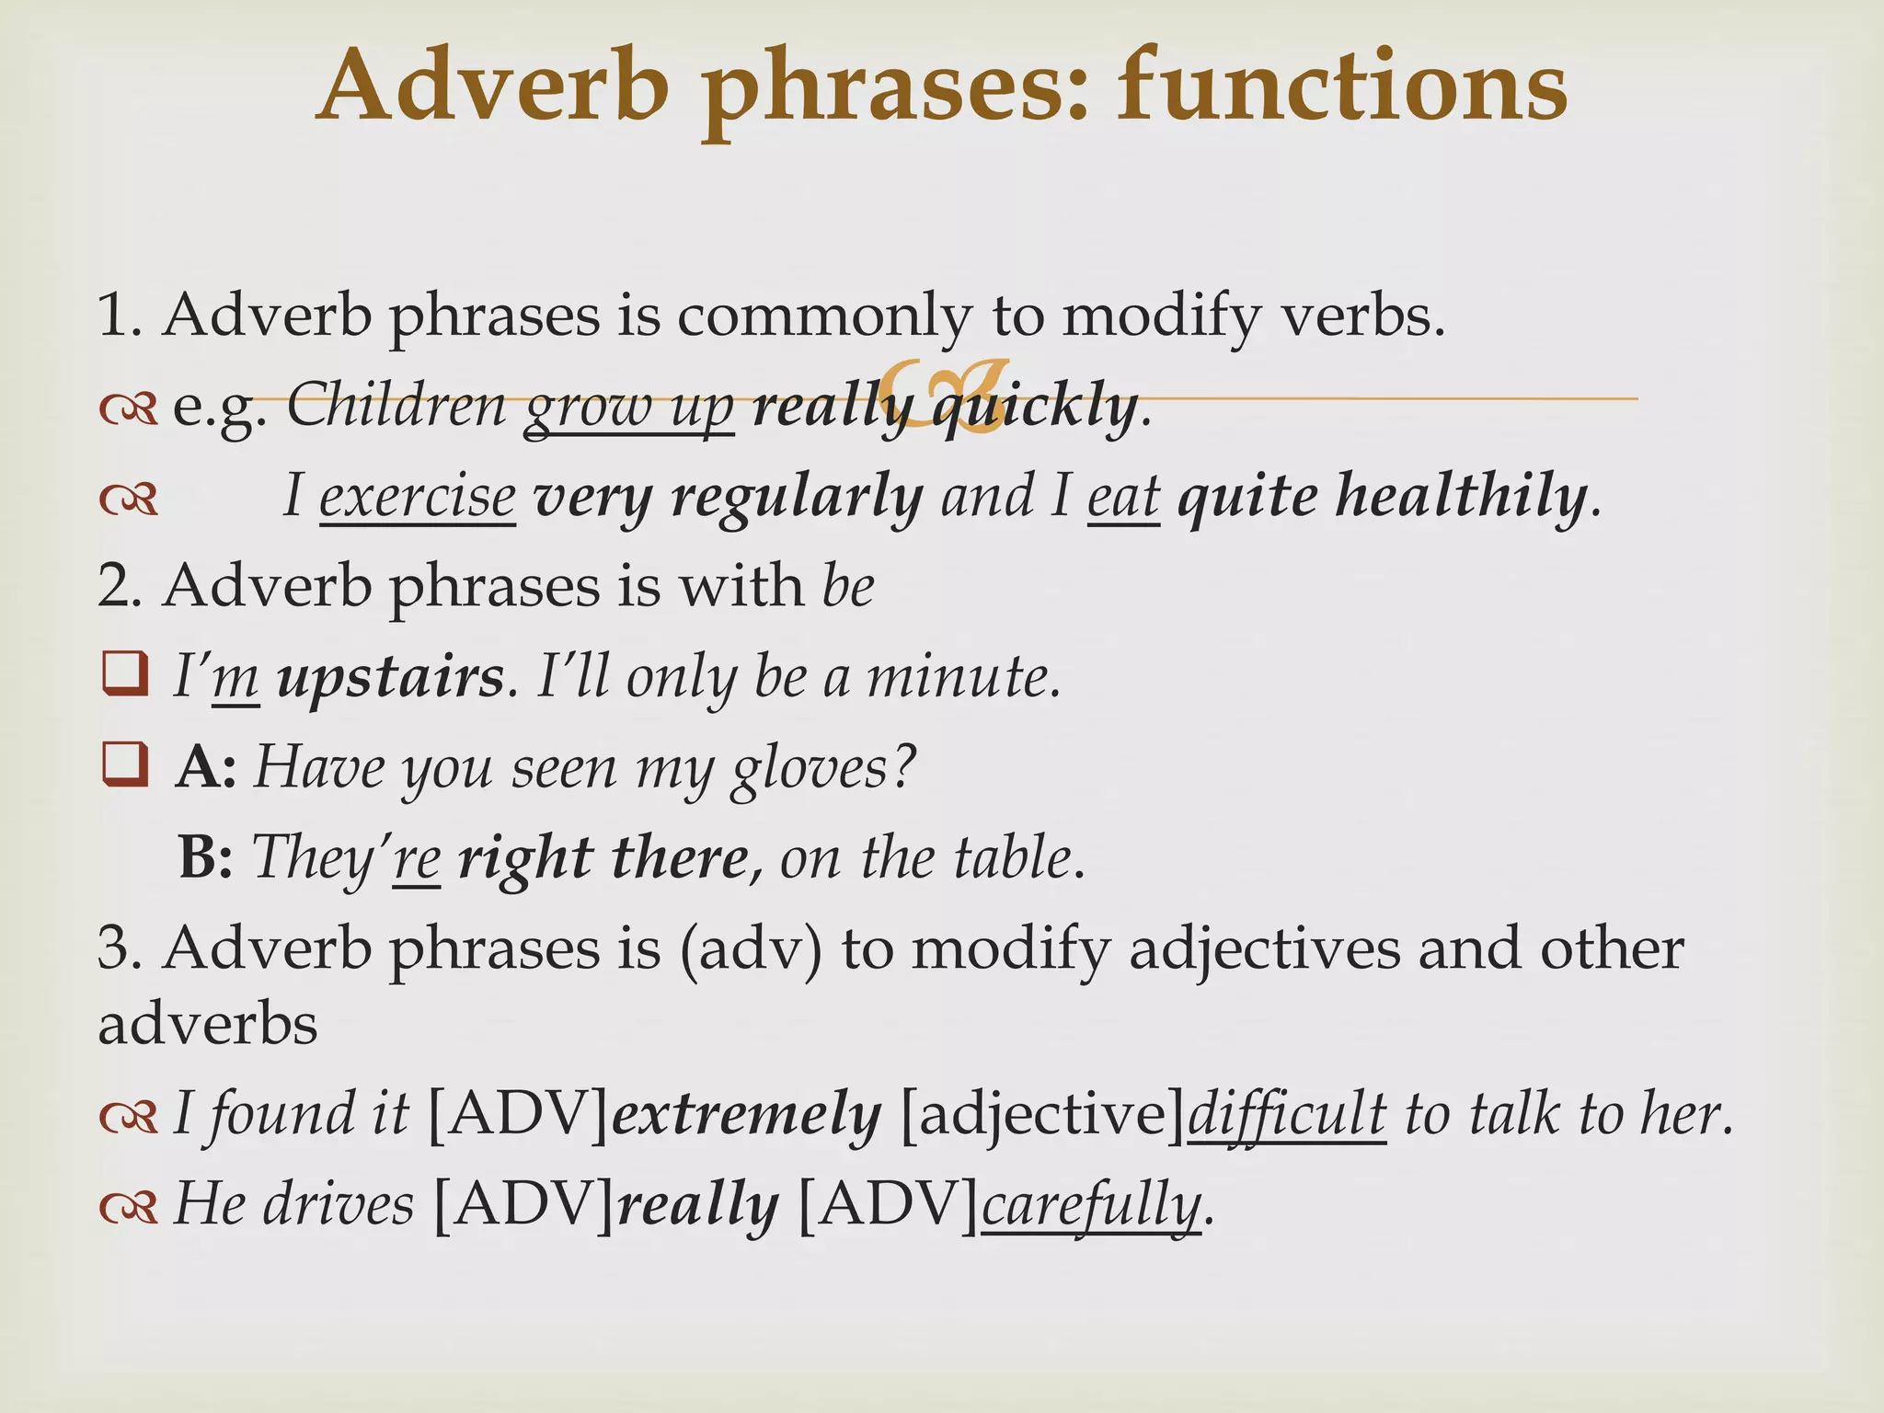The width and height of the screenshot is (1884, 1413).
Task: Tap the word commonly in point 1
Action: (823, 316)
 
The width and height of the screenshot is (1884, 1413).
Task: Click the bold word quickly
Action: (1035, 406)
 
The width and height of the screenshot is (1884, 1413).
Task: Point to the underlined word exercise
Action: (417, 496)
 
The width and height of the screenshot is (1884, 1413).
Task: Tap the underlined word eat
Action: (1122, 496)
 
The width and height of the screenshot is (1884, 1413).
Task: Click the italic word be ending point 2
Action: (847, 586)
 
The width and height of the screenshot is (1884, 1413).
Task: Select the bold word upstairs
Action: (390, 677)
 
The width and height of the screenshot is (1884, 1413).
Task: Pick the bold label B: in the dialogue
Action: (204, 857)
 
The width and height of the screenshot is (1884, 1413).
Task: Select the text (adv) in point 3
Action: (751, 948)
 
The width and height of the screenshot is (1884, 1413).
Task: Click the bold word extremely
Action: (746, 1115)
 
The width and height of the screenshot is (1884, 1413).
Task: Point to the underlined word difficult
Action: (1286, 1115)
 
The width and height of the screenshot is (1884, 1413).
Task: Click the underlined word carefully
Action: (1091, 1205)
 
